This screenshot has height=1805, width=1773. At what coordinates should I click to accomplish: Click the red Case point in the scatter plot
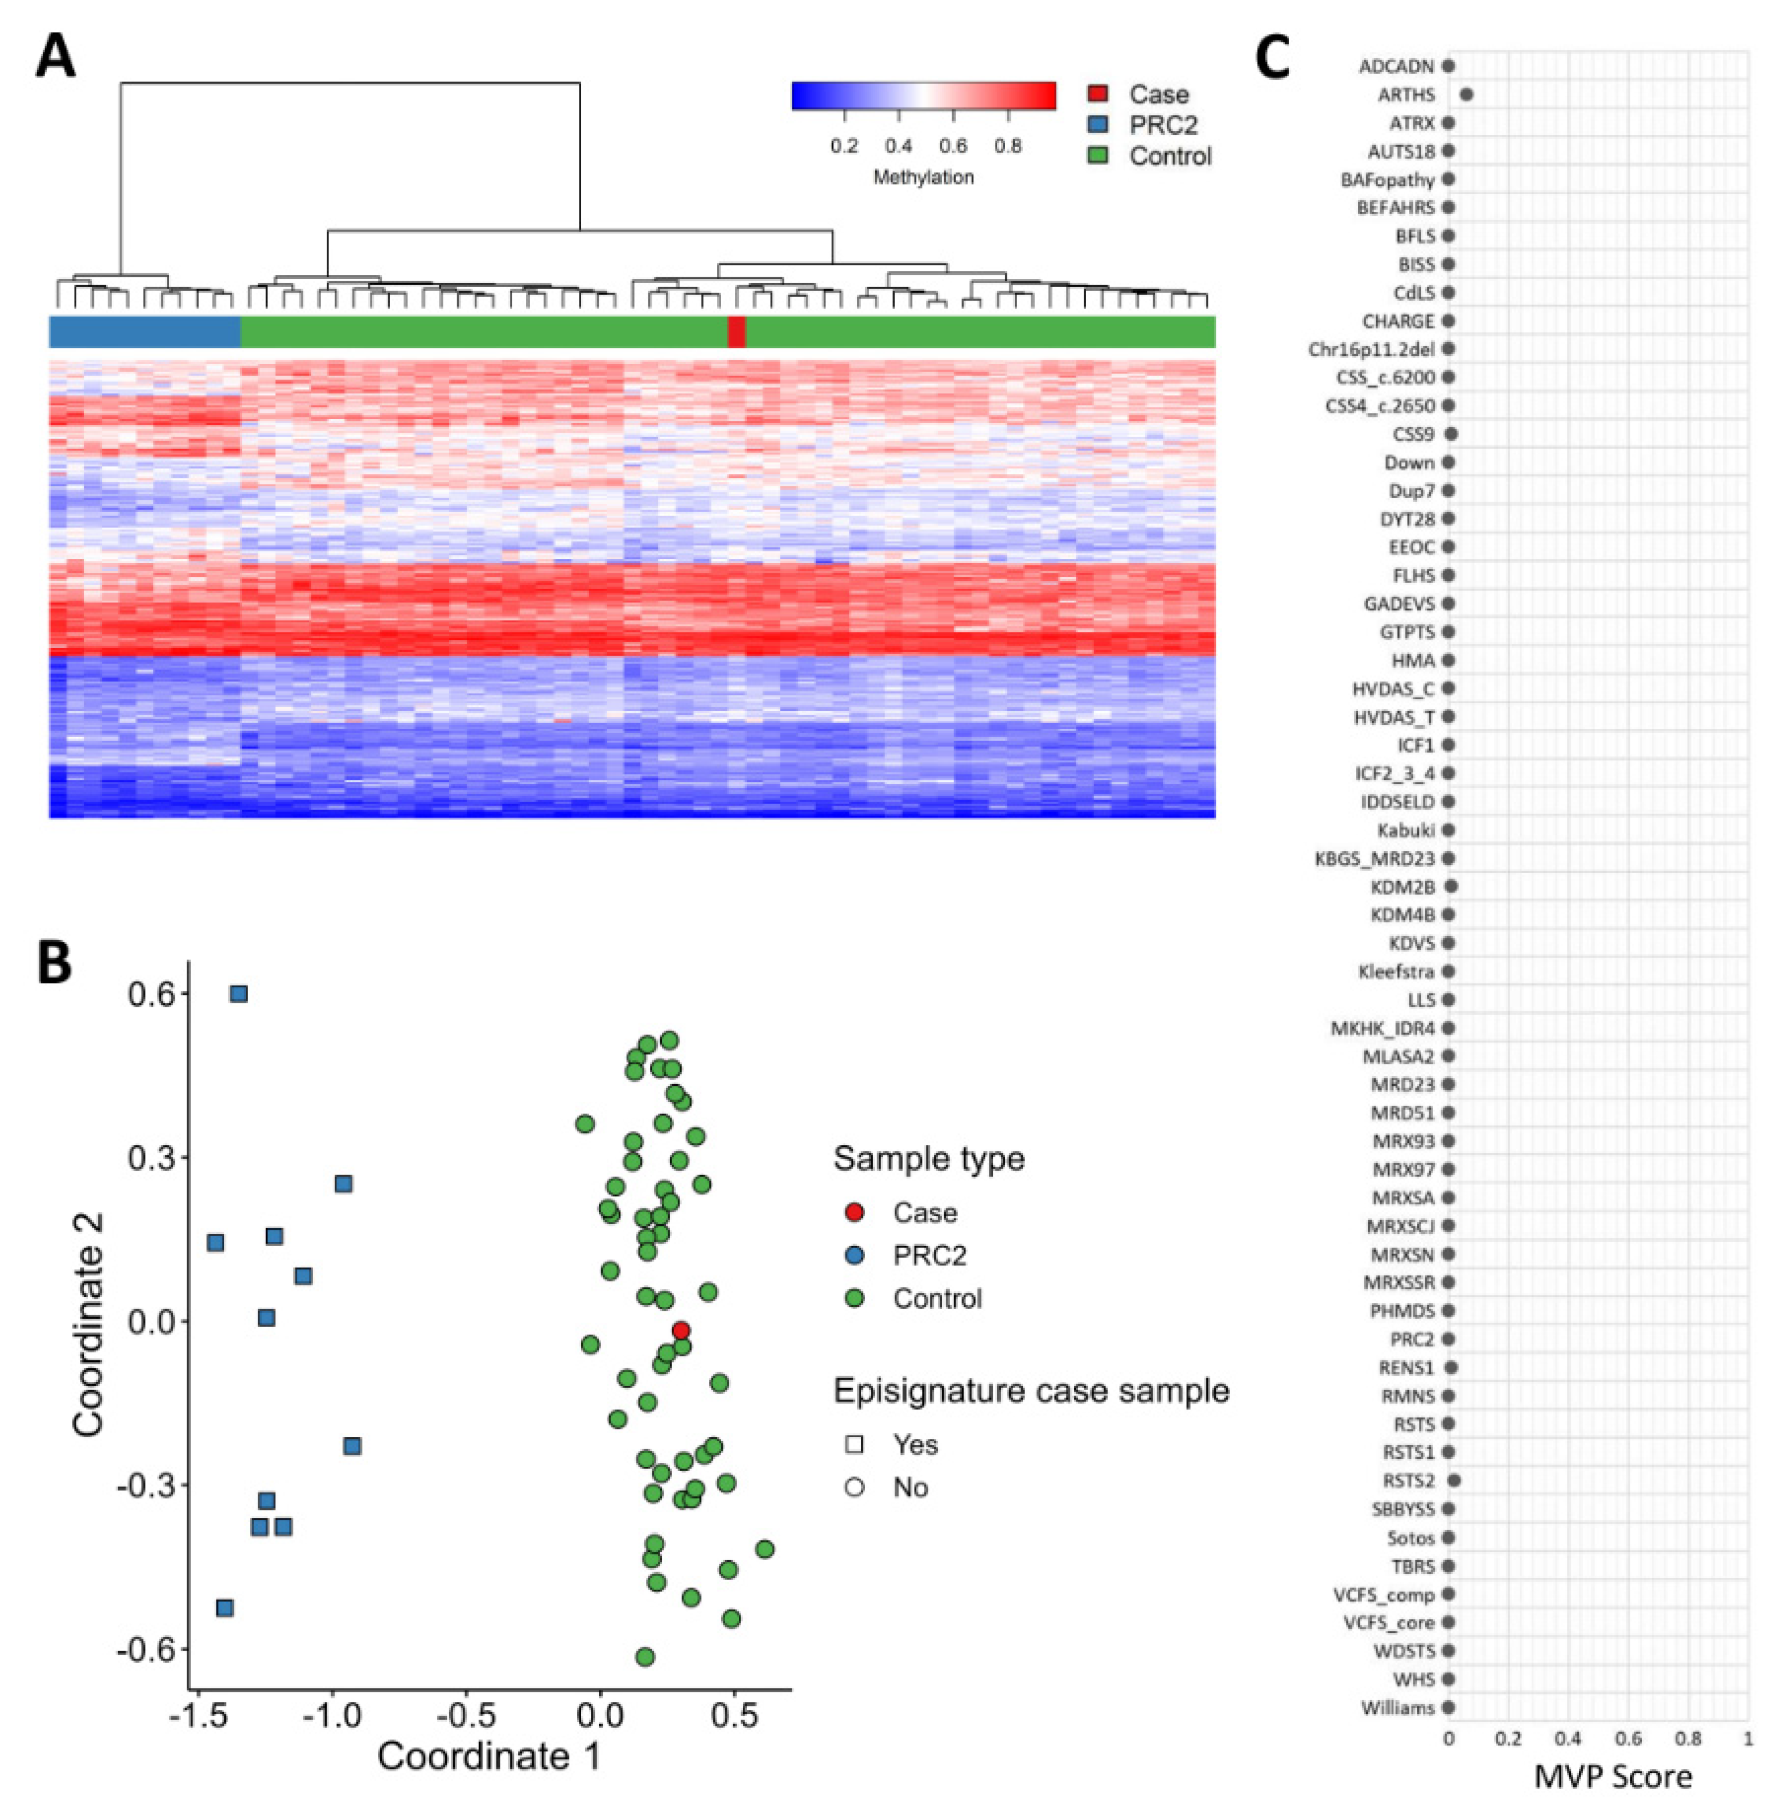[681, 1330]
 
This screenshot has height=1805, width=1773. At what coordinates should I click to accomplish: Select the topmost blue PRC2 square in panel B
[239, 994]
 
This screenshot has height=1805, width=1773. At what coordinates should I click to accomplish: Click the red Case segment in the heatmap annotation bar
[735, 331]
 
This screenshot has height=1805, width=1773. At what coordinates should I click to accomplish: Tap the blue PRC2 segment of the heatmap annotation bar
[145, 331]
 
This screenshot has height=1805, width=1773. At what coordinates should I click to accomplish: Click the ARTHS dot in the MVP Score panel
[1467, 94]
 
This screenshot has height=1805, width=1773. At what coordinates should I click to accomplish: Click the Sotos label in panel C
[1411, 1538]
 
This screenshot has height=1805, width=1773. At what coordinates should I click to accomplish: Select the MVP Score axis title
[1613, 1776]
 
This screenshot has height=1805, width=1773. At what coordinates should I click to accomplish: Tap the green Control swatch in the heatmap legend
[1099, 155]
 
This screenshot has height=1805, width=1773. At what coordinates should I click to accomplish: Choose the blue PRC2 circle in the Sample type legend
[854, 1256]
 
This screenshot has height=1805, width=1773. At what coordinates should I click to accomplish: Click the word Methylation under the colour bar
[923, 177]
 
